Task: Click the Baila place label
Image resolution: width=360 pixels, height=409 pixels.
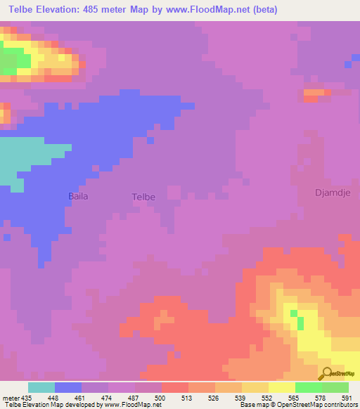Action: coord(77,196)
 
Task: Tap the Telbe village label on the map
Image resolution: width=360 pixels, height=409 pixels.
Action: coord(143,197)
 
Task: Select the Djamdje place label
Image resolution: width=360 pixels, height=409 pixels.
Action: coord(332,192)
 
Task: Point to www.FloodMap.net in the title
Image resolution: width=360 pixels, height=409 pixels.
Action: coord(213,10)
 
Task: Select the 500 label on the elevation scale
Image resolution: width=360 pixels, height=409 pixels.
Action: coord(160,398)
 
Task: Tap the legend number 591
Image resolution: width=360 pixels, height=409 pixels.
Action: coord(347,398)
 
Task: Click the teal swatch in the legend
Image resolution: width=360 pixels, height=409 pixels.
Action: coord(41,387)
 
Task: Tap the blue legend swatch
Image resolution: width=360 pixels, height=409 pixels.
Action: coord(68,387)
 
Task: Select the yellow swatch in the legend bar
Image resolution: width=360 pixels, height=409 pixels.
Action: coord(281,387)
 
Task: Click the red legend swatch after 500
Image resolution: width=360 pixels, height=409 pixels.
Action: coord(174,387)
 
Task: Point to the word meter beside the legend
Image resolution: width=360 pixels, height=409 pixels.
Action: coord(11,398)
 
